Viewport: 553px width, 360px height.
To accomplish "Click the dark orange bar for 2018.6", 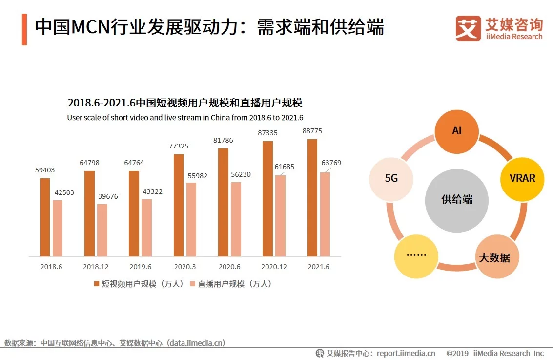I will point(45,217).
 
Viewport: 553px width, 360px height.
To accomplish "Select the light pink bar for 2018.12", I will point(102,230).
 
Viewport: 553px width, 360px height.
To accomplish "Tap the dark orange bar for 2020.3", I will point(179,205).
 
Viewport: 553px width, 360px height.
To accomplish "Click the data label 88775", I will point(312,131).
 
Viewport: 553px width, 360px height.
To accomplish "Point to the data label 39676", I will point(108,196).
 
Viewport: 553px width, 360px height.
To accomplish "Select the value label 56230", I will point(241,174).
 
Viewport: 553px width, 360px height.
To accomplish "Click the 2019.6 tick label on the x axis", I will point(140,267).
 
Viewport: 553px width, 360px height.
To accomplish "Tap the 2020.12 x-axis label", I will point(274,267).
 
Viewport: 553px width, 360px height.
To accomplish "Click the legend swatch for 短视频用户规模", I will point(97,284).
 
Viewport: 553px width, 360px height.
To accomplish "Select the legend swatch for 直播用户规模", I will point(192,284).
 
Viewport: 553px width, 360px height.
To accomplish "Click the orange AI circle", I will point(456,131).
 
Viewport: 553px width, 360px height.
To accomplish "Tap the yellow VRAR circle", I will point(522,178).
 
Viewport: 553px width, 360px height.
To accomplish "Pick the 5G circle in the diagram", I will point(391,178).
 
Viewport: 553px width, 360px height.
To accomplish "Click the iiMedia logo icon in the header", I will point(468,28).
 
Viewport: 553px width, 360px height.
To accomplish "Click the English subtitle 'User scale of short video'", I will point(185,118).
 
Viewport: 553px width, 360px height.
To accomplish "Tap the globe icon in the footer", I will point(320,353).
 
